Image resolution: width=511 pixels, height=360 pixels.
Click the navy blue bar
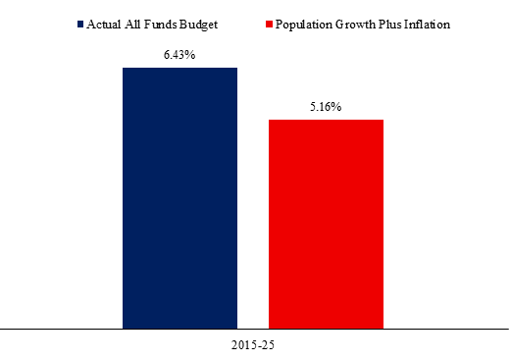179,198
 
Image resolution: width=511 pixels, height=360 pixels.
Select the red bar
326,224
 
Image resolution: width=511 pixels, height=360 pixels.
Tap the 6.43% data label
179,55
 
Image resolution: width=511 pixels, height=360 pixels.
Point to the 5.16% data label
326,107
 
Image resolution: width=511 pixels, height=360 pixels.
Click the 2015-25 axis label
253,345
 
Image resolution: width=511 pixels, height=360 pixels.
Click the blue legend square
80,25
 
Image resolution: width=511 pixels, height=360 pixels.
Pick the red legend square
269,25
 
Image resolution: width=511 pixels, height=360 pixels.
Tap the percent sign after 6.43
190,55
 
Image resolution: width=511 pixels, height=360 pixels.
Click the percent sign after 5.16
336,107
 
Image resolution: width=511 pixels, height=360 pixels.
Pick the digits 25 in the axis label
268,345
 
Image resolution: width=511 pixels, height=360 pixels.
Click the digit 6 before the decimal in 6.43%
167,55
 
